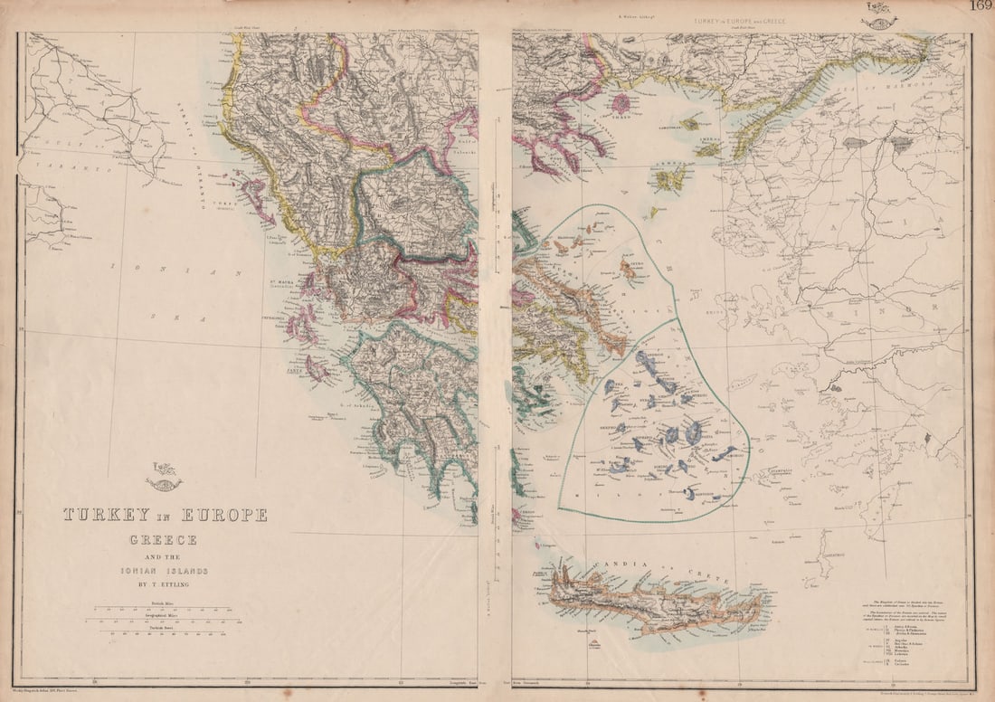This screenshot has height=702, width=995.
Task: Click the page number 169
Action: [x=981, y=6]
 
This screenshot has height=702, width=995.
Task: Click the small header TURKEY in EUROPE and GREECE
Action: [x=739, y=20]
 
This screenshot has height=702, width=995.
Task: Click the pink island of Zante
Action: [x=317, y=368]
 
